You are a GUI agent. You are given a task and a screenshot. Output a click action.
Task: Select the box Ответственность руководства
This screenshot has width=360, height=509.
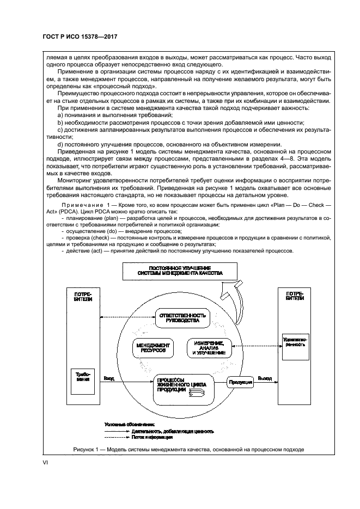pyautogui.click(x=181, y=318)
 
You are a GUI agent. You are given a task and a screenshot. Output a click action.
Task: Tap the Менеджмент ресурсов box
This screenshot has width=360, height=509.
pyautogui.click(x=152, y=348)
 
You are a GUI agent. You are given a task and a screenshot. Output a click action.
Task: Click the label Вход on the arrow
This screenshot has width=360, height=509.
pyautogui.click(x=109, y=378)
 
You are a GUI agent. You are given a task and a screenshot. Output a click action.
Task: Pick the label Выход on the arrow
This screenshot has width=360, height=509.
pyautogui.click(x=265, y=378)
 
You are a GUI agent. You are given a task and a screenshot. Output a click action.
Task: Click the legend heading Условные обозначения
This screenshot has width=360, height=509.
pyautogui.click(x=130, y=424)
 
